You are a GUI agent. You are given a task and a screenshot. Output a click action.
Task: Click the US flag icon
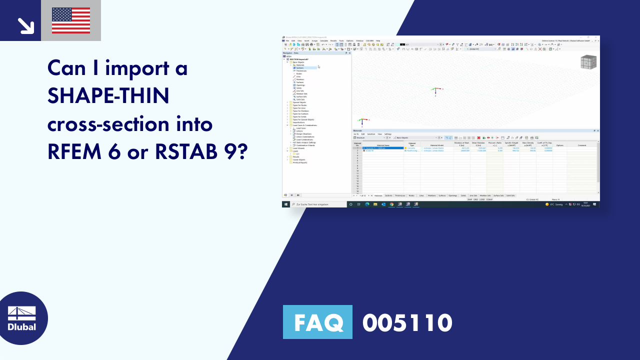pos(71,20)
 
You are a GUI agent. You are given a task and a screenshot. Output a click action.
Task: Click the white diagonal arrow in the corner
pos(25,25)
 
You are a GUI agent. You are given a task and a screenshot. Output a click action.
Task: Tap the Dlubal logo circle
pos(21,318)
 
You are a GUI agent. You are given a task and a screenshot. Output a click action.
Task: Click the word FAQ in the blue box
pos(317,322)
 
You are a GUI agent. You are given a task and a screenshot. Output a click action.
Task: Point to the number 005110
pos(407,322)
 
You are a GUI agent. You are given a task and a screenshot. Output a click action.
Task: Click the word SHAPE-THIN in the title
pos(108,95)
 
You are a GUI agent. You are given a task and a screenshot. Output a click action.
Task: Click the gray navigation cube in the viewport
pos(588,62)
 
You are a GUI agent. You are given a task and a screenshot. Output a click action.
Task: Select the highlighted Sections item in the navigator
pos(299,67)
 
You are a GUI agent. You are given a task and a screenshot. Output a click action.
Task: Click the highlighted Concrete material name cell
pos(383,148)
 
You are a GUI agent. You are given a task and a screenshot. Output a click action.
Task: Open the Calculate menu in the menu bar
pos(324,40)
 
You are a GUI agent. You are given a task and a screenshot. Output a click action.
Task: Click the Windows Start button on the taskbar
pos(286,204)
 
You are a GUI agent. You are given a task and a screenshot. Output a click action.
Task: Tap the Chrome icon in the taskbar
pos(392,204)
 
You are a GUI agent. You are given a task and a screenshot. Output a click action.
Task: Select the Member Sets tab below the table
pos(485,195)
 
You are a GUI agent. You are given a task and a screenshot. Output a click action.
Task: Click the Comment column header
pos(581,145)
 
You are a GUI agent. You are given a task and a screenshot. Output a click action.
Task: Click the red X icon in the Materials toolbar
pos(478,137)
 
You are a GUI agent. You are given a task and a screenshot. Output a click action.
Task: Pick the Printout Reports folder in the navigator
pos(300,162)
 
